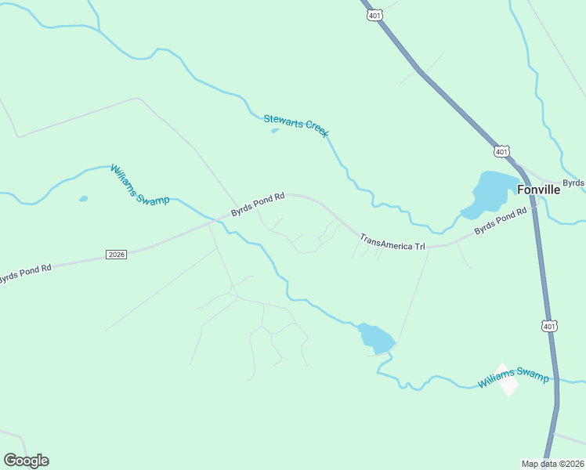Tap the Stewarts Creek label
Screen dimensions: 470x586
295,125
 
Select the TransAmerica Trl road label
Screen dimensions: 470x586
392,241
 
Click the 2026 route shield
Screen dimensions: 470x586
116,254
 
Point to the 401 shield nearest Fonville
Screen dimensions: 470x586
502,150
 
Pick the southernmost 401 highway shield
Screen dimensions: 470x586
549,326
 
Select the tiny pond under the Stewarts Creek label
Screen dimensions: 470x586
274,131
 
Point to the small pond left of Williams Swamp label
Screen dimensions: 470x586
83,199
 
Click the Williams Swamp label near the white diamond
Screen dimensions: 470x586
513,380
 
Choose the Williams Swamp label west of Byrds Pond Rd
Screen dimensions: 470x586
139,185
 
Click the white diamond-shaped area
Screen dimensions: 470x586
507,380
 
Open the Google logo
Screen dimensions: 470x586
26,461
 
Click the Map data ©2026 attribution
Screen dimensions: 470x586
553,464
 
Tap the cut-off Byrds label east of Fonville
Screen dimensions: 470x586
574,183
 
